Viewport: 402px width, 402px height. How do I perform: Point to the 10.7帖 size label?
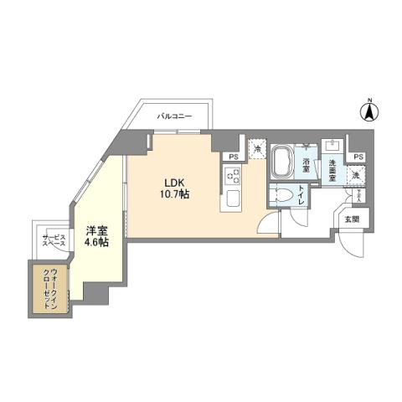point(174,194)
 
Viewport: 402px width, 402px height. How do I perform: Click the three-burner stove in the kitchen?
point(231,178)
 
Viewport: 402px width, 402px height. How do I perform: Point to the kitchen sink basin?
point(231,201)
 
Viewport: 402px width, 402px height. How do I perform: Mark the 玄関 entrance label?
point(351,219)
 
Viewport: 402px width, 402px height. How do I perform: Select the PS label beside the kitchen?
point(232,156)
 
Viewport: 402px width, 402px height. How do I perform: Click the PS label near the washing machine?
point(358,157)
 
